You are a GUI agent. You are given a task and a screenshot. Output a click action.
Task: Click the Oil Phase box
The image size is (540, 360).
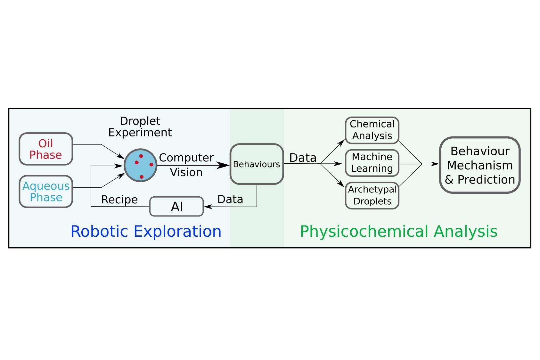pyautogui.click(x=46, y=149)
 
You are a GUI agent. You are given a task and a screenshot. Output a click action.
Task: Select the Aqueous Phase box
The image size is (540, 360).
pyautogui.click(x=46, y=192)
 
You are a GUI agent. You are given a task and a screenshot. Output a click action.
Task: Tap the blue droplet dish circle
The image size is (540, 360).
pyautogui.click(x=140, y=165)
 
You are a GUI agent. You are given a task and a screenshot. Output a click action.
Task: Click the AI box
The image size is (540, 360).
pyautogui.click(x=176, y=207)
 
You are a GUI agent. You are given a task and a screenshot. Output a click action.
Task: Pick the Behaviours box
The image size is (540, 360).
pyautogui.click(x=257, y=164)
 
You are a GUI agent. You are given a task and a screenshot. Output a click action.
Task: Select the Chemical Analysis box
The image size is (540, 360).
pyautogui.click(x=372, y=130)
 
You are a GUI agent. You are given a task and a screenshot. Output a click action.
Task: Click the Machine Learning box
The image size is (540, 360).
pyautogui.click(x=372, y=163)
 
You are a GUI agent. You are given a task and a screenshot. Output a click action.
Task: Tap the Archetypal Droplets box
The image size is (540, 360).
pyautogui.click(x=372, y=195)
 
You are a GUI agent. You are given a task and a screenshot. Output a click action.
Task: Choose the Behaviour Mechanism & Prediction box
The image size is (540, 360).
pyautogui.click(x=479, y=165)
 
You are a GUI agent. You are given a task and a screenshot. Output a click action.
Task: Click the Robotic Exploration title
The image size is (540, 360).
pyautogui.click(x=146, y=231)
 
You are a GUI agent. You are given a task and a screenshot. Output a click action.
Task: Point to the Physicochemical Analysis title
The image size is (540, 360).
pyautogui.click(x=398, y=231)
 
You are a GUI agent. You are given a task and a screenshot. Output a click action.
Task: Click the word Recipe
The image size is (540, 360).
pyautogui.click(x=119, y=200)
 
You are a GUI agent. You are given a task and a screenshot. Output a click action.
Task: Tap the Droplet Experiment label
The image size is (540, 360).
pyautogui.click(x=140, y=127)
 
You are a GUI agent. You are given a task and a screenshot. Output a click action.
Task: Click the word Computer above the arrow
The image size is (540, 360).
pyautogui.click(x=186, y=158)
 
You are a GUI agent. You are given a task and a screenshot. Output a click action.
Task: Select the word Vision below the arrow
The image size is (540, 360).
pyautogui.click(x=186, y=172)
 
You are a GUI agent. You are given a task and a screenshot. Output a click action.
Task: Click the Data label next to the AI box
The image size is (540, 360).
pyautogui.click(x=230, y=200)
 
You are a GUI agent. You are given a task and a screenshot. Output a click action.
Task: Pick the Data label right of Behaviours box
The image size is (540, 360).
pyautogui.click(x=303, y=158)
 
